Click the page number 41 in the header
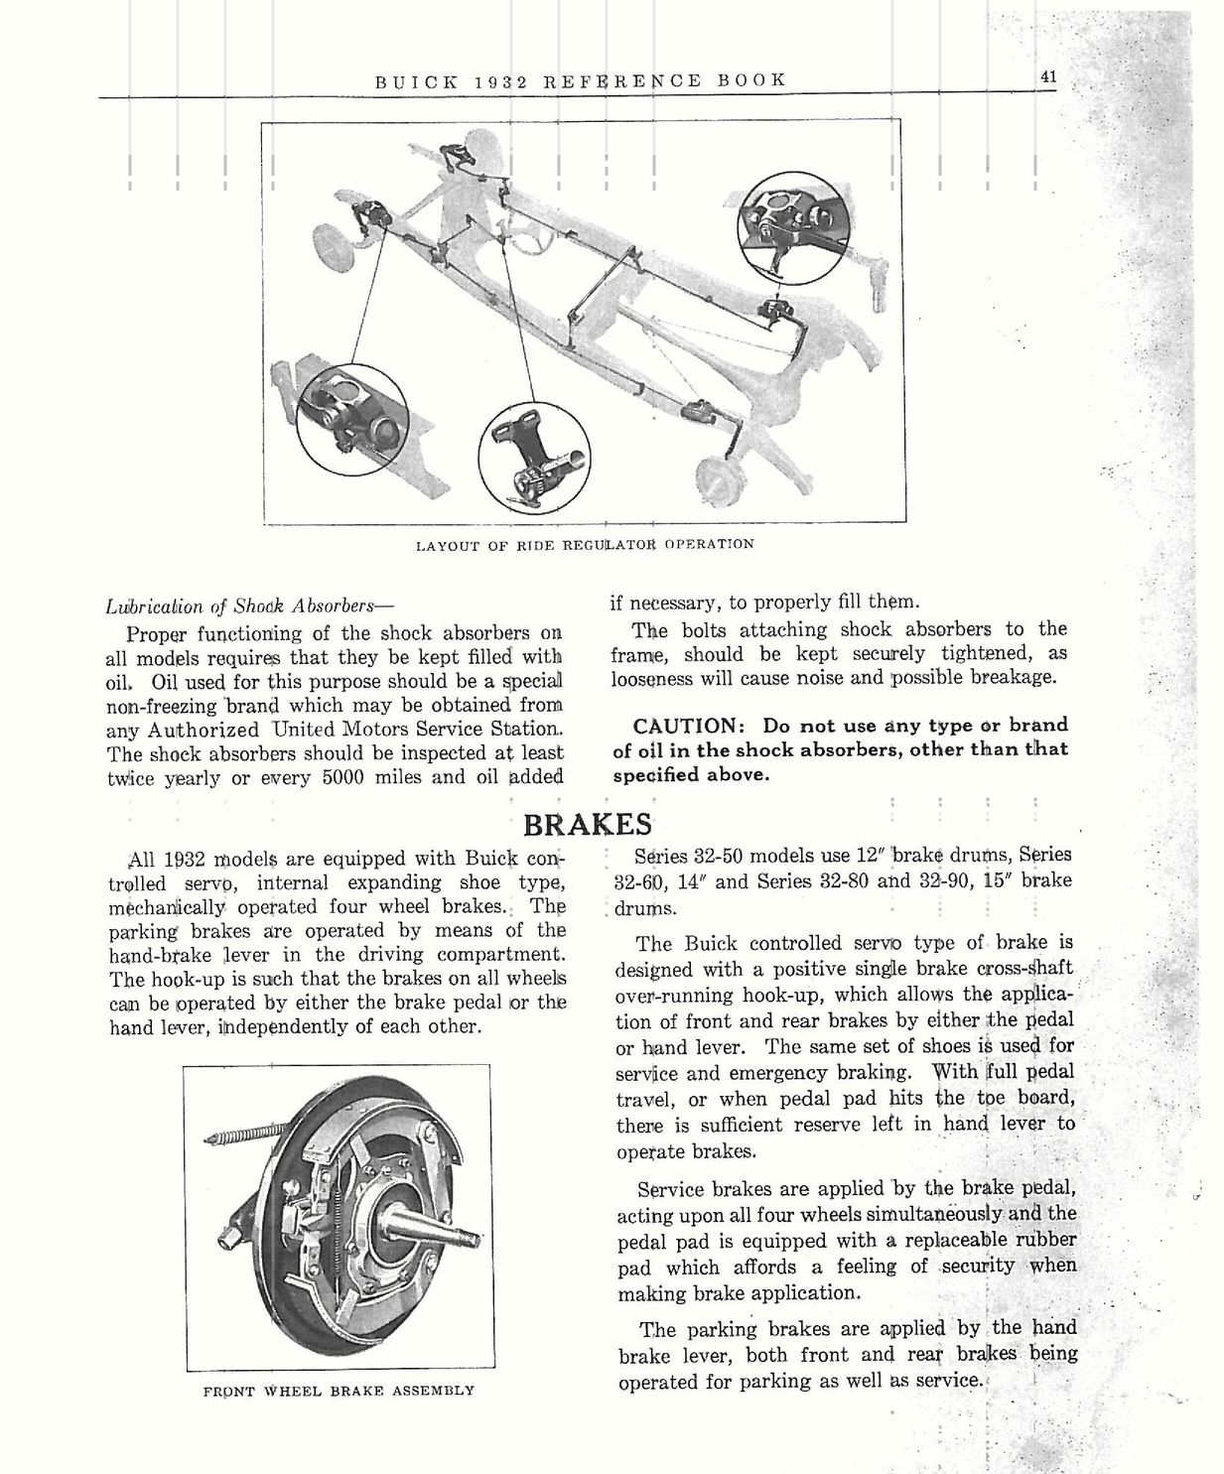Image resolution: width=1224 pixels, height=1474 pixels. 1048,78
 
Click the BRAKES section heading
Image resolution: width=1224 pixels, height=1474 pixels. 588,824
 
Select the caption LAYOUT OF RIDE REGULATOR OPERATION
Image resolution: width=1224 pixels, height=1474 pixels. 585,544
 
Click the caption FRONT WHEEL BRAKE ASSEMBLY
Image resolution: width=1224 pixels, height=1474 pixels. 338,1391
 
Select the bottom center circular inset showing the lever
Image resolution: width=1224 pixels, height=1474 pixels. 533,458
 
